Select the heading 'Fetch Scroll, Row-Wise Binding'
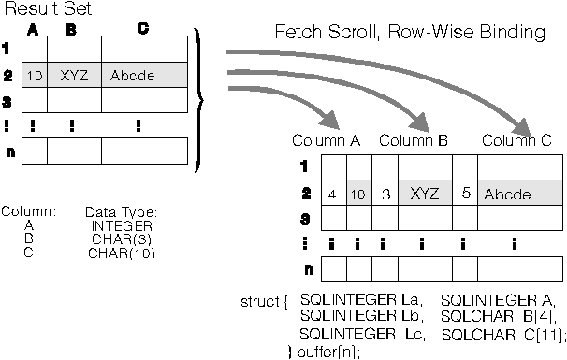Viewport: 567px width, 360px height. (410, 33)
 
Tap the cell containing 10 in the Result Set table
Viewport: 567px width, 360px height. (35, 75)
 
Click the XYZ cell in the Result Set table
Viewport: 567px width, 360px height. (75, 75)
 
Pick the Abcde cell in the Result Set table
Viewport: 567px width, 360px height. (132, 75)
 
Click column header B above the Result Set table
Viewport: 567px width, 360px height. (71, 29)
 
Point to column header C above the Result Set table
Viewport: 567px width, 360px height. (142, 29)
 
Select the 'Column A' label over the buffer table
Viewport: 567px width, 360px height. (326, 140)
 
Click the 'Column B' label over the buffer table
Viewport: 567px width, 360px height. (414, 140)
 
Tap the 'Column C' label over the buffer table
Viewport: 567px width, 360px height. (516, 140)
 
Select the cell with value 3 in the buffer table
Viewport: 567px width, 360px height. (385, 194)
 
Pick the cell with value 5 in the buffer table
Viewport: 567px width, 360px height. (465, 194)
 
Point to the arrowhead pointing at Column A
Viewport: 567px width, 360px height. (327, 120)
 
